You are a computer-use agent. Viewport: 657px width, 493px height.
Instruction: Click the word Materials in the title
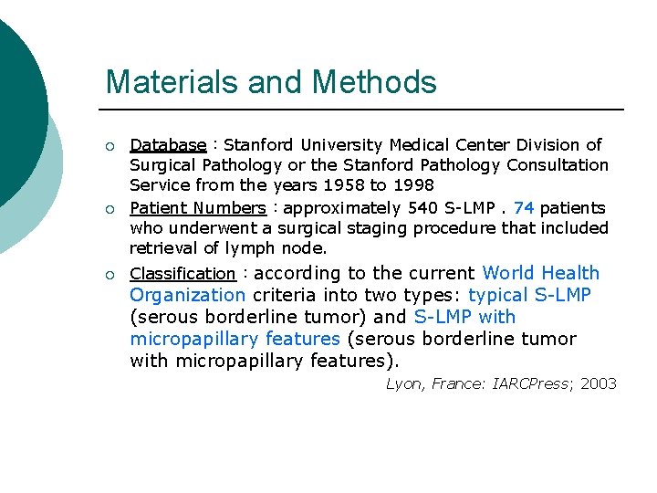tap(161, 82)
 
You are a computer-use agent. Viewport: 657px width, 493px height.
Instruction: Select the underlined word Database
tap(168, 145)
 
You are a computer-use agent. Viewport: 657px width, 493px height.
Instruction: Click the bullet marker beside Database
tap(109, 145)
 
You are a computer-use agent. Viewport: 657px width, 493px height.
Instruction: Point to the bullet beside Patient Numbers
tap(109, 208)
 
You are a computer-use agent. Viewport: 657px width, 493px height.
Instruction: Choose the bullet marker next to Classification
tap(109, 274)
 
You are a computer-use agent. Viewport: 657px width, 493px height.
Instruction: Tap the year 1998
tap(413, 185)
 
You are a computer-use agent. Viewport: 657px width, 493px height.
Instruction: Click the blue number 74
tap(524, 208)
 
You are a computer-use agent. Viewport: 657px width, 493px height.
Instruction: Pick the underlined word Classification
tap(182, 274)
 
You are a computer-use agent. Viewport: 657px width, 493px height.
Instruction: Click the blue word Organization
tap(187, 295)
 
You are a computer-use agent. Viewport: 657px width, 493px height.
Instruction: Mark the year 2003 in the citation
tap(598, 383)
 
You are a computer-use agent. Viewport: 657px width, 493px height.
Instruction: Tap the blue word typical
tap(499, 295)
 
